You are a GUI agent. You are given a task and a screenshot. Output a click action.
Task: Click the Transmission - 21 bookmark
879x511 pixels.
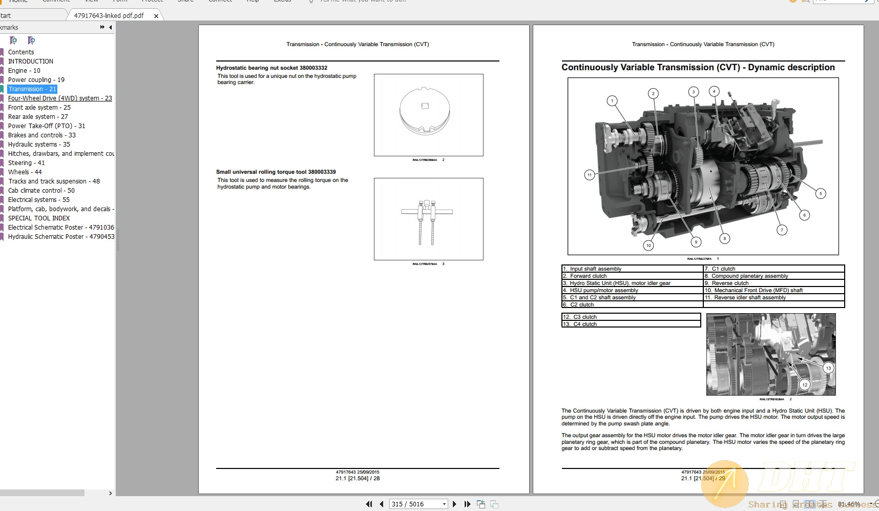(32, 89)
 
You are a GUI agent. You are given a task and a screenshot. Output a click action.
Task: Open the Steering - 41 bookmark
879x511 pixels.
(26, 163)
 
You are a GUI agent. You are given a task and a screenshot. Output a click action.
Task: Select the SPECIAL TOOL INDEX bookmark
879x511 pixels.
(39, 218)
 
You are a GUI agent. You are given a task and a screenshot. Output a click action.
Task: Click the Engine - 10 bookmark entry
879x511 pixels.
(24, 71)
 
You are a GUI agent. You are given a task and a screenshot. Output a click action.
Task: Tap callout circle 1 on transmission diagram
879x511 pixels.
(612, 101)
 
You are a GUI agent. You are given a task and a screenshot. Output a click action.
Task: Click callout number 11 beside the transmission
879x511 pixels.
(590, 175)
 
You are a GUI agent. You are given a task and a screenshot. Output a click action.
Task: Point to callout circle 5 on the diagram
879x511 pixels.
(821, 194)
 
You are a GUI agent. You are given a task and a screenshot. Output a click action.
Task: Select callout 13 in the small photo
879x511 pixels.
(828, 368)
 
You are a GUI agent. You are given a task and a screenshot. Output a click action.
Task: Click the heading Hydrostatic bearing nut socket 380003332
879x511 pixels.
(271, 68)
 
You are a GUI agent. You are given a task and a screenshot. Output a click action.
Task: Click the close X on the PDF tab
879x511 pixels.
(156, 16)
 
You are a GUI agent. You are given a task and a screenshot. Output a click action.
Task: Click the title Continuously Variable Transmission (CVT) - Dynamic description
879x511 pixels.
(698, 68)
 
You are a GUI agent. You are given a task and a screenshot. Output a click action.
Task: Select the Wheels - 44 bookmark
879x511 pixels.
(25, 172)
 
